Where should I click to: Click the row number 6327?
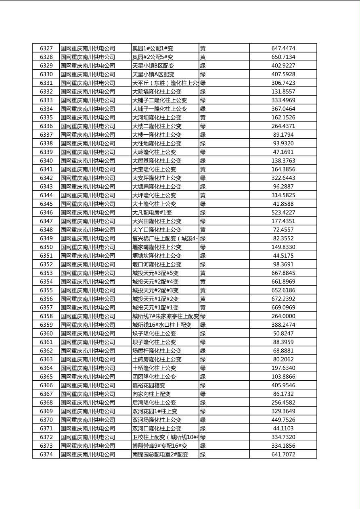point(46,48)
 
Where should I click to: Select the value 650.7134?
point(283,57)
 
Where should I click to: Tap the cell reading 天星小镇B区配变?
point(153,66)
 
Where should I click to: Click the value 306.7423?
point(283,83)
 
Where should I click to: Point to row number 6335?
point(46,117)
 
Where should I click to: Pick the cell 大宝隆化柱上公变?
point(154,169)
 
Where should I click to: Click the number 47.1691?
point(283,152)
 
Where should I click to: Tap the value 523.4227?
point(283,213)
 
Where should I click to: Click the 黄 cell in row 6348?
point(203,230)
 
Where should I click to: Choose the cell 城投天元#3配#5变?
point(155,273)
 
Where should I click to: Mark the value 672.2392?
point(283,299)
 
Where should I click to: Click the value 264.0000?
point(283,316)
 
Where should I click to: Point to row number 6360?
point(46,334)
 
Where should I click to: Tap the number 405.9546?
point(283,385)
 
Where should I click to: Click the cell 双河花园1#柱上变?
point(155,411)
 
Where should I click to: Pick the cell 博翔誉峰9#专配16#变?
point(160,446)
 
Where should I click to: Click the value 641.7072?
point(283,455)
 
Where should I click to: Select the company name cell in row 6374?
point(88,455)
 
